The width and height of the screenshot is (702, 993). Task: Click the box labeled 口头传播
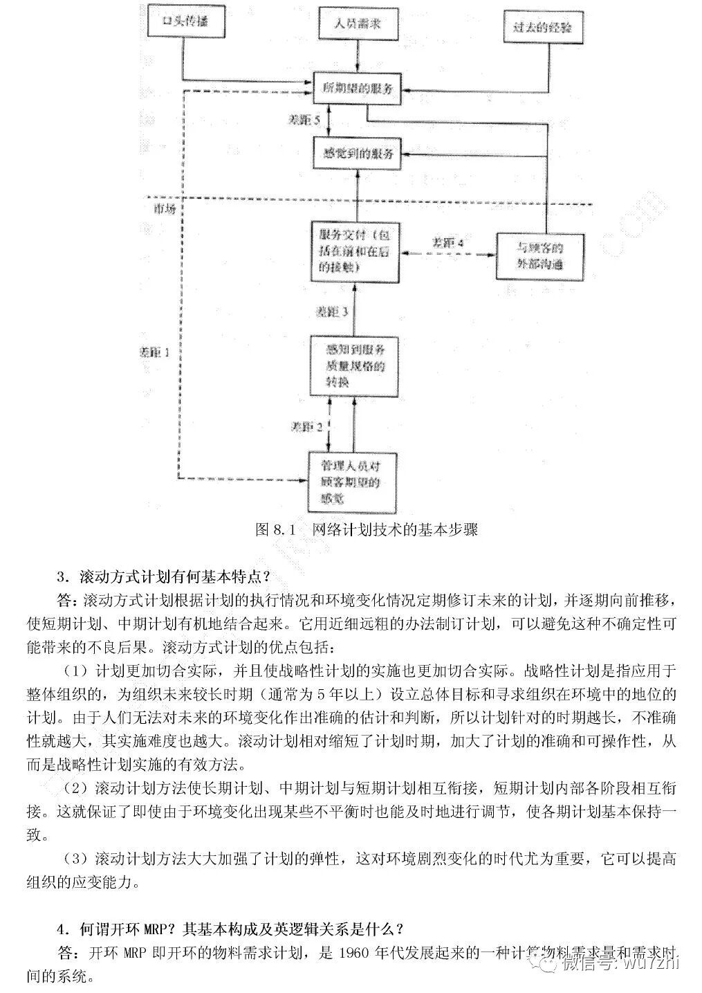pyautogui.click(x=184, y=22)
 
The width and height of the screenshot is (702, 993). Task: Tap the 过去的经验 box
pyautogui.click(x=543, y=28)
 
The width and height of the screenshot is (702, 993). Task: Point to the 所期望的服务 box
pyautogui.click(x=358, y=89)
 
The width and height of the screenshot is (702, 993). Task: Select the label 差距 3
pyautogui.click(x=331, y=312)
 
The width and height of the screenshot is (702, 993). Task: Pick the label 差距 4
pyautogui.click(x=447, y=243)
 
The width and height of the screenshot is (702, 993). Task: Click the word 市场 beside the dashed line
pyautogui.click(x=164, y=208)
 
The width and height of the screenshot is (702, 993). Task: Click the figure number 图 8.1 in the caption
pyautogui.click(x=275, y=530)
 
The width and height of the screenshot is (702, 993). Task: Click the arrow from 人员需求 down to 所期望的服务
pyautogui.click(x=358, y=55)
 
